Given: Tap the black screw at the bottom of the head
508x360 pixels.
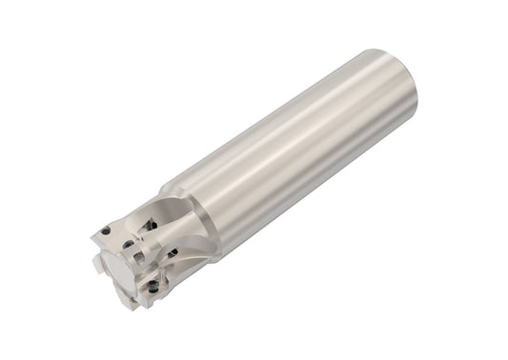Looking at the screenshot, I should click(152, 287).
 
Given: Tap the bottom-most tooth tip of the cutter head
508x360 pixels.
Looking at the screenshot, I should click(143, 303).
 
